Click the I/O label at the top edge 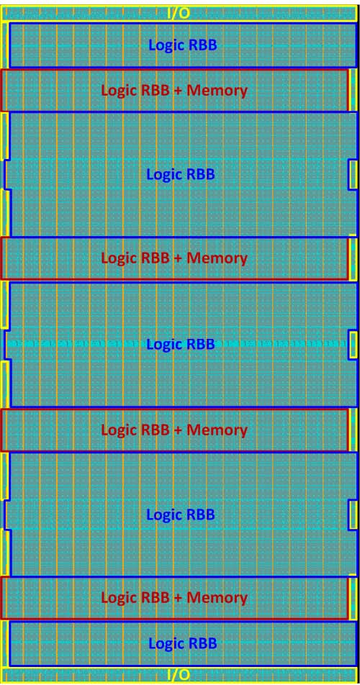pyautogui.click(x=179, y=13)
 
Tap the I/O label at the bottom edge pyautogui.click(x=179, y=675)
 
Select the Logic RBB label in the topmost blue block pyautogui.click(x=183, y=45)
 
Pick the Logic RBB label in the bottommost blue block pyautogui.click(x=183, y=643)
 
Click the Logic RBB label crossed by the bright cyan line pyautogui.click(x=181, y=344)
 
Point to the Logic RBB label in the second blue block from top pyautogui.click(x=181, y=175)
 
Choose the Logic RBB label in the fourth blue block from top pyautogui.click(x=181, y=514)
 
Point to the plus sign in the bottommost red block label pyautogui.click(x=178, y=597)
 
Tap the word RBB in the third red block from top pyautogui.click(x=155, y=430)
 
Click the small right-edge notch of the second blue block pyautogui.click(x=353, y=175)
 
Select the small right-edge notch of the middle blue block pyautogui.click(x=353, y=345)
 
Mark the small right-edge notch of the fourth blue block pyautogui.click(x=353, y=516)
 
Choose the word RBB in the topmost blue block pyautogui.click(x=202, y=45)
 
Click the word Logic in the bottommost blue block pyautogui.click(x=166, y=644)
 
